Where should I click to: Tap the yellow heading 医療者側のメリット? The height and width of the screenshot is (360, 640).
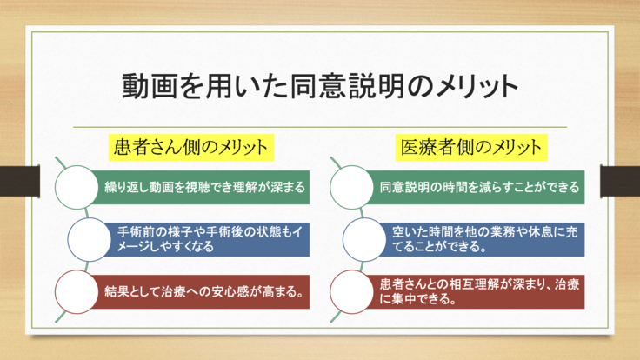pyautogui.click(x=470, y=145)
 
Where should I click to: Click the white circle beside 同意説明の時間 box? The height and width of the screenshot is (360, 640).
pyautogui.click(x=351, y=186)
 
